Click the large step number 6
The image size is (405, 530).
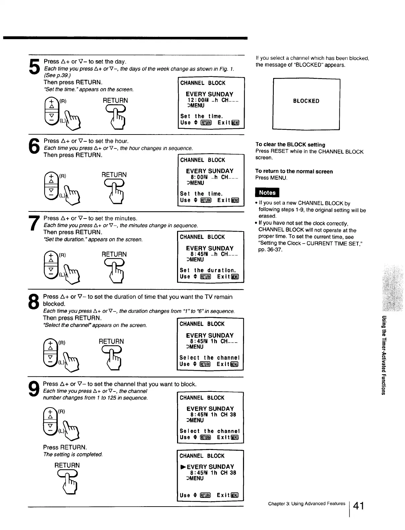(x=35, y=147)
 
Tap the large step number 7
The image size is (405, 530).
(x=34, y=223)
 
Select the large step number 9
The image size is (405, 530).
(x=34, y=389)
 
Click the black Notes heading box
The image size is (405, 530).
(x=267, y=193)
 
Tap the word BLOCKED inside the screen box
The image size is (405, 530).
(x=306, y=101)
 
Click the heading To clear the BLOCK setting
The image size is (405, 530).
(x=290, y=145)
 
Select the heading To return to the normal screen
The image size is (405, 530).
(x=294, y=172)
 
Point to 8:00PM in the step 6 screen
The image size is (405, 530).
(x=200, y=177)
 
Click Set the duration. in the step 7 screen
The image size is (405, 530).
(x=208, y=270)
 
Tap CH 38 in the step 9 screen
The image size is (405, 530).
(x=228, y=415)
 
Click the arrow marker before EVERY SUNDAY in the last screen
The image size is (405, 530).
(x=183, y=467)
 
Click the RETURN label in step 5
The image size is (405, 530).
(x=115, y=100)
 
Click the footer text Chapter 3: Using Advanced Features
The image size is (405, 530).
(x=306, y=504)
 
